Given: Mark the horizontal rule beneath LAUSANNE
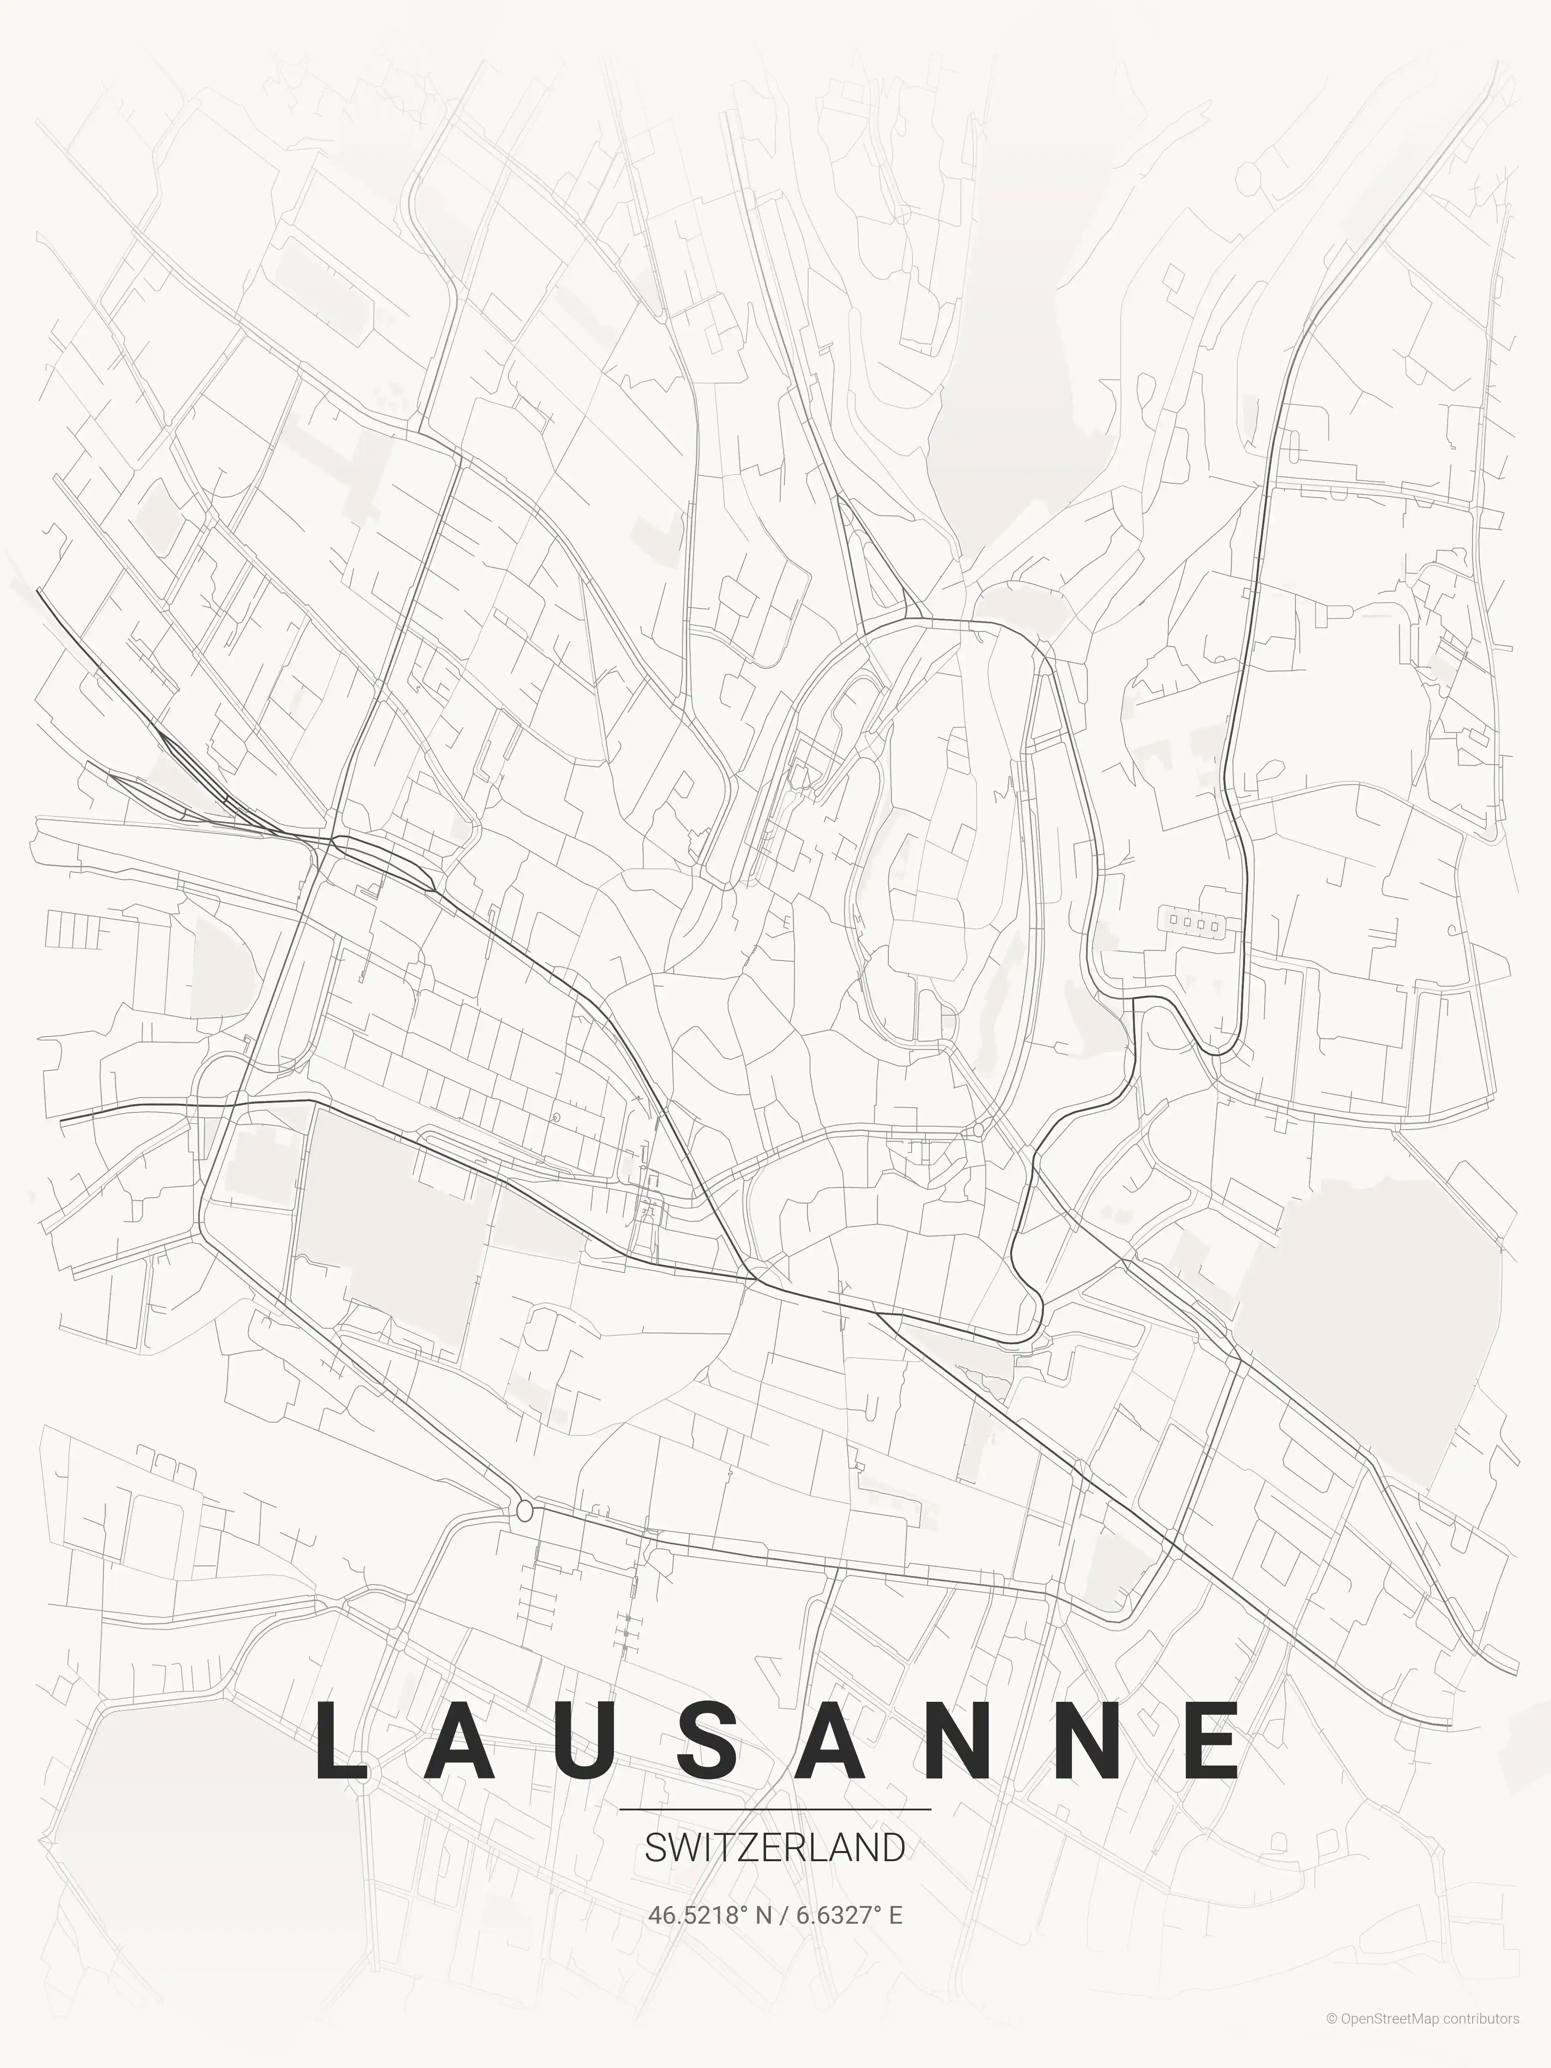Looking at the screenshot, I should [x=775, y=1809].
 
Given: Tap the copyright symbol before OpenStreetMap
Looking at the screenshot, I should [x=1331, y=2037].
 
